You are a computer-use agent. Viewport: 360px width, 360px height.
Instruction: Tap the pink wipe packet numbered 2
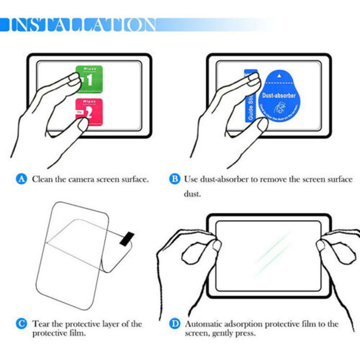tap(89, 112)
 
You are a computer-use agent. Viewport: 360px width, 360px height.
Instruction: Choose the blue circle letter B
tap(174, 179)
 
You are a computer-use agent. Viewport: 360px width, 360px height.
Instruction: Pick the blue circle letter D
tap(174, 324)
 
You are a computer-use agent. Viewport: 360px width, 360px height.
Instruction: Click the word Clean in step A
tap(42, 179)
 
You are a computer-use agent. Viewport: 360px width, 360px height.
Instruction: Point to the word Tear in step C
tap(40, 324)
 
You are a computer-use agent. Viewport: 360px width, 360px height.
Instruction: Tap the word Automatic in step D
tap(202, 324)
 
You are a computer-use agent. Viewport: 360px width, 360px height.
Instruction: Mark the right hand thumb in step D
tap(321, 246)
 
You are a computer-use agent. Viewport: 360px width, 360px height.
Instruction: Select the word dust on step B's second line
tap(191, 195)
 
